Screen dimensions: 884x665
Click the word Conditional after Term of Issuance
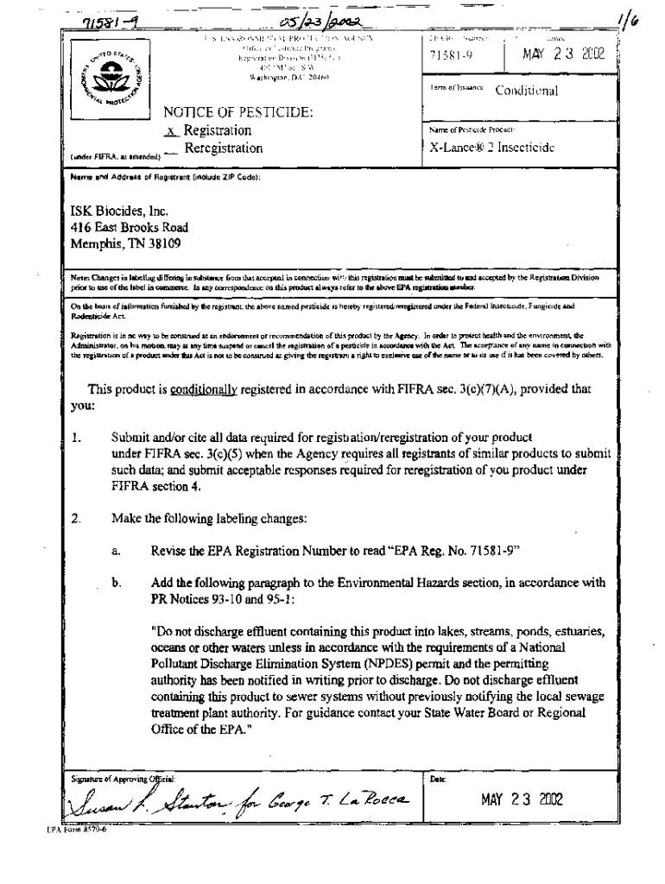tap(526, 91)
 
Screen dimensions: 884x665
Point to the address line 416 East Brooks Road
tap(130, 228)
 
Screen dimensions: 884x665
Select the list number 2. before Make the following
tap(77, 519)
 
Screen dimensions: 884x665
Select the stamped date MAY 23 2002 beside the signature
tap(521, 800)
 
